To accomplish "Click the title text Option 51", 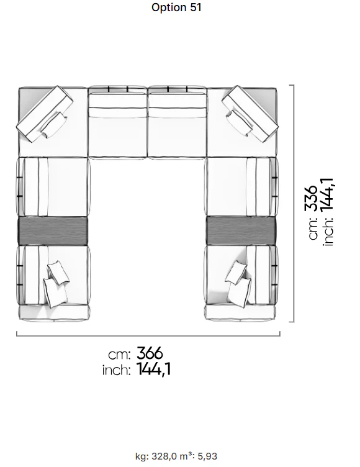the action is tap(176, 7).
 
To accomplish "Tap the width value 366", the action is tap(150, 353).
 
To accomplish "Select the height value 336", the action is tap(311, 198).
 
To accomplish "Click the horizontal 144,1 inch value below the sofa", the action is tap(154, 370).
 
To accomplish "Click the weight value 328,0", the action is tap(164, 456).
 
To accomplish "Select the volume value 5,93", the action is tap(207, 456).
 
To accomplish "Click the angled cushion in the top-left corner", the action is tap(45, 114).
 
